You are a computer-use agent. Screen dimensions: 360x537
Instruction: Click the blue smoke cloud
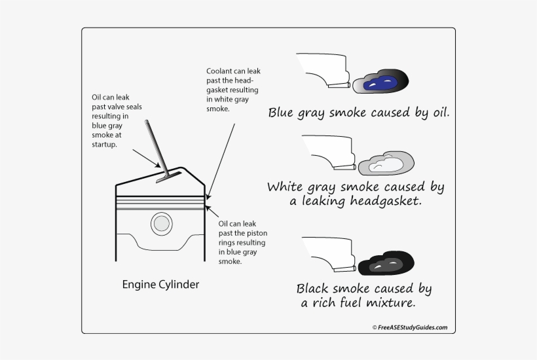pos(380,82)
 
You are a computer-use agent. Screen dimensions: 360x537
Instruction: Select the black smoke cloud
pos(386,263)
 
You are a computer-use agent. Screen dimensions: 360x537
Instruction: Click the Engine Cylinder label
pos(160,285)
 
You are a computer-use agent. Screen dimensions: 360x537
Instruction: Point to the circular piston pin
pos(161,224)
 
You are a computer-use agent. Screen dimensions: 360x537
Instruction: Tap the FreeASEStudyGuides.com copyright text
pos(410,327)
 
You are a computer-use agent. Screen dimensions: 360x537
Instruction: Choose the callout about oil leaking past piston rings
pos(242,242)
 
